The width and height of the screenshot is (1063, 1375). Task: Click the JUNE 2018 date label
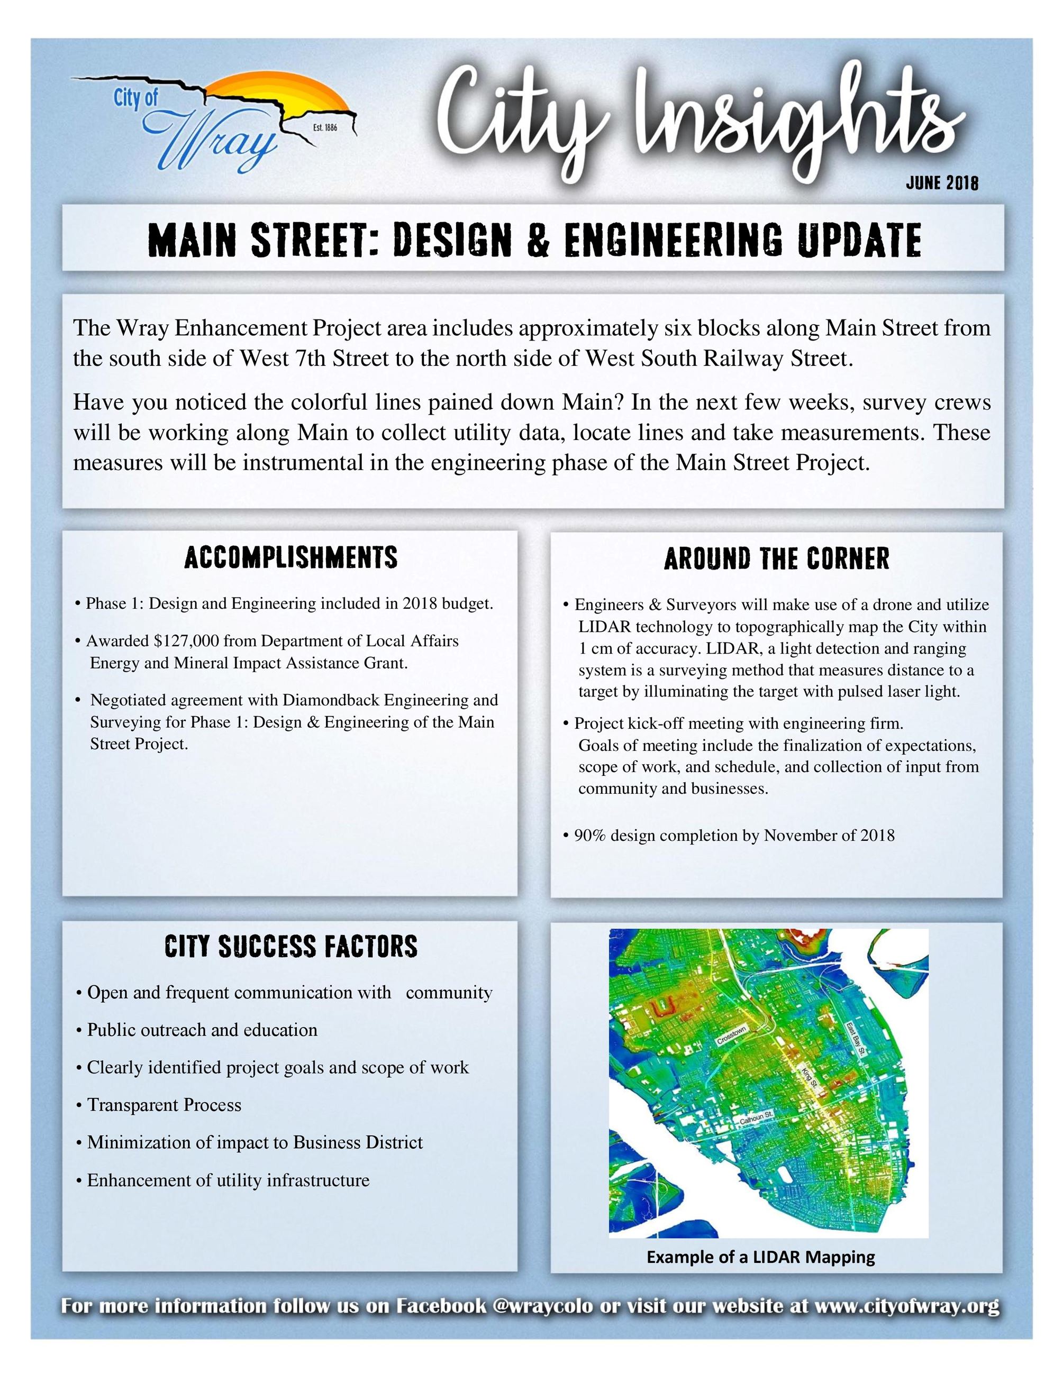941,183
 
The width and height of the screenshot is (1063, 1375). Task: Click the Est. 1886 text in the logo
325,128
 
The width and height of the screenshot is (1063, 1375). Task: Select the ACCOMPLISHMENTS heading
290,558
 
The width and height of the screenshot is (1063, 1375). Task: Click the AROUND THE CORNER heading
776,559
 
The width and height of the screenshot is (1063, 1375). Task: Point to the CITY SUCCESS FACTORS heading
290,946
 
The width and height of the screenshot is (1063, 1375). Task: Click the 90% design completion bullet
734,836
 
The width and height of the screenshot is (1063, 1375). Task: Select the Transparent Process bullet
163,1105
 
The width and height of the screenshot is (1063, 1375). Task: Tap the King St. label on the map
809,1077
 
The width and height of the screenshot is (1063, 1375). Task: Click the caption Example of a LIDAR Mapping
760,1257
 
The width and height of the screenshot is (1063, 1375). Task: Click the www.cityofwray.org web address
906,1306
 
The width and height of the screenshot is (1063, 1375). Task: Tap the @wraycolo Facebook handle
543,1306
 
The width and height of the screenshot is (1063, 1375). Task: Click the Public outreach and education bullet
202,1030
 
